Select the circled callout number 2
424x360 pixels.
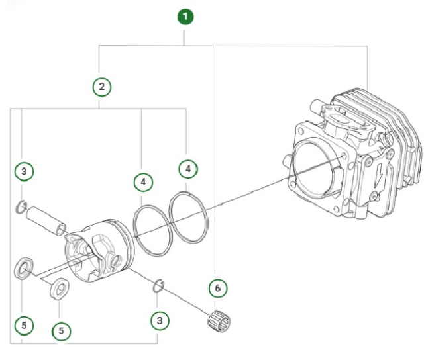[x=101, y=86]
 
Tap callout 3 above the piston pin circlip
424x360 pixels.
[x=25, y=172]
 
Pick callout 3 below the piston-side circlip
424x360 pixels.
[x=159, y=320]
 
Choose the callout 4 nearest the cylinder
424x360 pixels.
[x=188, y=169]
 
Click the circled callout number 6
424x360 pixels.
[x=217, y=288]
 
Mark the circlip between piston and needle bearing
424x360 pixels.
[x=159, y=285]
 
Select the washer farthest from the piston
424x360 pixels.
[x=25, y=268]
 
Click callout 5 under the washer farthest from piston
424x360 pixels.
[x=25, y=325]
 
